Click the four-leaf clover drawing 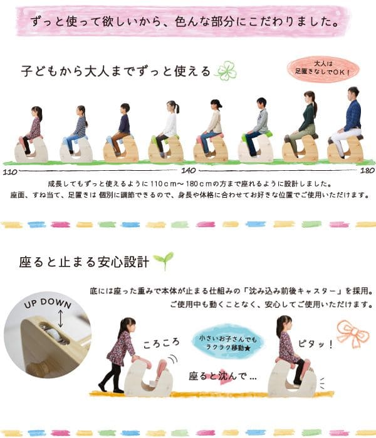pos(226,71)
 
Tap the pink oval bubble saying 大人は pos(323,68)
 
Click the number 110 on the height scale pos(10,171)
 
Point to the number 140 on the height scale pos(188,170)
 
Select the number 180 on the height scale pos(367,170)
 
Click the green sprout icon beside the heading pos(164,260)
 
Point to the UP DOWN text pos(48,303)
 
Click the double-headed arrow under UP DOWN pos(60,318)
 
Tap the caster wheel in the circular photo pos(54,333)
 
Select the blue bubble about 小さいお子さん pos(227,342)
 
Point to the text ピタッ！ pos(316,344)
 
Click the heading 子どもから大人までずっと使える pos(115,71)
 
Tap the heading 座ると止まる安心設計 pos(84,262)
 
